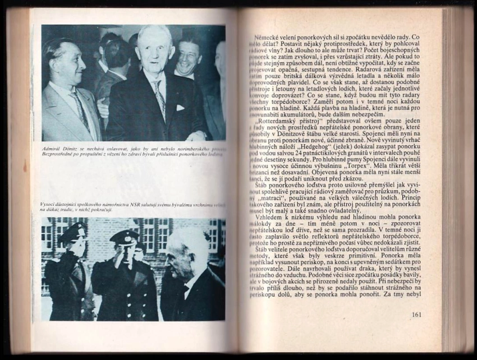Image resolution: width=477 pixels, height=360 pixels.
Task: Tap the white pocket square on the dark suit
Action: point(180,108)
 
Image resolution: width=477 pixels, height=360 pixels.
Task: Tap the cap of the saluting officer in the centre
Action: point(124,237)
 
